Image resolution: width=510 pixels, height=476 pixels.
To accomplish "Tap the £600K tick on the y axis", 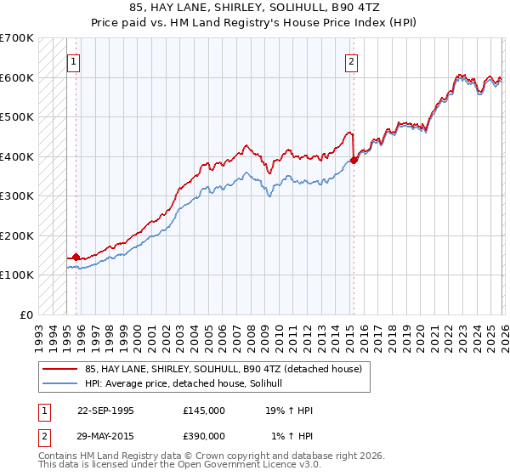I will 17,77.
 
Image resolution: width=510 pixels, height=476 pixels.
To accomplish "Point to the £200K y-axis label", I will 17,235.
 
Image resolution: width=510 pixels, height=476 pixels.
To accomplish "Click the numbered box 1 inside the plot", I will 74,61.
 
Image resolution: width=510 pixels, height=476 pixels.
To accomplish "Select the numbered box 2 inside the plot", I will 351,61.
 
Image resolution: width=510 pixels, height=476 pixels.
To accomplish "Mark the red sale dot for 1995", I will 76,257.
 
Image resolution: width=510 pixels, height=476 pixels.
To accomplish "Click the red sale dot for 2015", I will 354,160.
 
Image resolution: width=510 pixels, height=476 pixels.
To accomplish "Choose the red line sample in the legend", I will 60,369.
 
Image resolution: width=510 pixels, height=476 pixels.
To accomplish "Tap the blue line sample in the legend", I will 60,383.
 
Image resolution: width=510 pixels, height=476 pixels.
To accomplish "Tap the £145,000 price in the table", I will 204,411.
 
